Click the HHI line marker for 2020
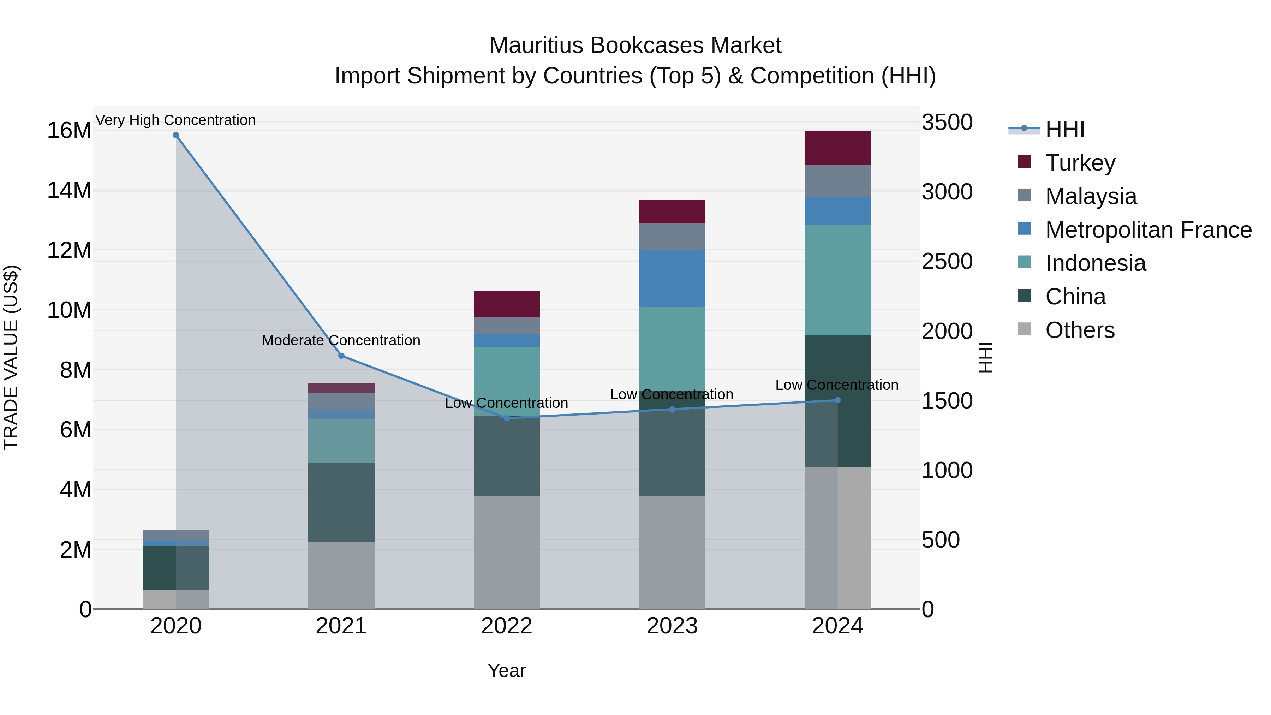pos(176,135)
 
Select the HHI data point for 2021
pos(341,356)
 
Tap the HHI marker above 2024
pos(837,400)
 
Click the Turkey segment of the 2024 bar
pos(837,148)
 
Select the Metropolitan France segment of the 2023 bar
pos(672,278)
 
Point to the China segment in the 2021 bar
pos(341,502)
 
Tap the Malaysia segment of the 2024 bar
pos(837,181)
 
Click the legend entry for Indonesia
pos(1095,263)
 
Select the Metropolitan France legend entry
pos(1148,230)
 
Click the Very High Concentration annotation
pos(176,120)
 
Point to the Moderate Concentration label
pos(341,340)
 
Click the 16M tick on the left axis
pos(69,131)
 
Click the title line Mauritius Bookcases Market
pos(635,46)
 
